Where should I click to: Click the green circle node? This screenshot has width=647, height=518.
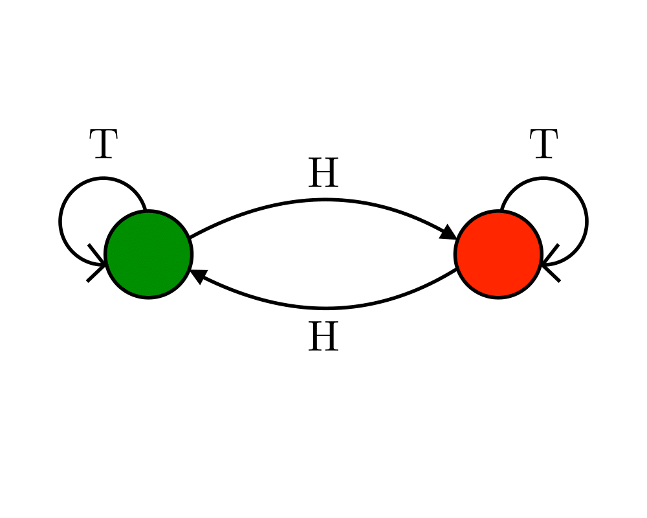click(x=148, y=254)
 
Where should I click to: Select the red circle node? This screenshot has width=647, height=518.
click(x=498, y=254)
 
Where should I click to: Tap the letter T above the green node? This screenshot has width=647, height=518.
click(x=104, y=145)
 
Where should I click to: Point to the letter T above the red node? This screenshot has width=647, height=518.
click(x=543, y=145)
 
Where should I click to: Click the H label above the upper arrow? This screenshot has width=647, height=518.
click(x=323, y=174)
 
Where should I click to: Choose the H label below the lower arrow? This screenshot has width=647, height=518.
click(x=323, y=338)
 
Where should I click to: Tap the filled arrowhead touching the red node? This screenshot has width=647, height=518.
click(x=448, y=232)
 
